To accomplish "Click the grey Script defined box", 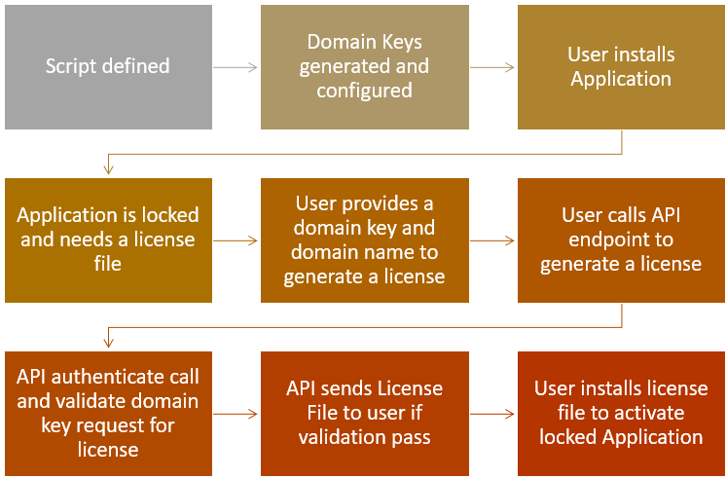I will tap(108, 67).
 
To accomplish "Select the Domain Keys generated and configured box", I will tap(364, 67).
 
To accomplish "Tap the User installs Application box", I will tap(621, 67).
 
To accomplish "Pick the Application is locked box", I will tap(108, 239).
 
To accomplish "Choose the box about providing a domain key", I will tap(364, 239).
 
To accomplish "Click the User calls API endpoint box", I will tap(621, 239).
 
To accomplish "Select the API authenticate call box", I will tap(108, 413).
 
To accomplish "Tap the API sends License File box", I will tap(364, 413).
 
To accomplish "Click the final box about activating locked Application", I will tap(621, 413).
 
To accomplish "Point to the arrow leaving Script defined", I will tap(236, 67).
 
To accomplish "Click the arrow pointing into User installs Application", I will tap(492, 67).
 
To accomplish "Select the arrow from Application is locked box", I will tap(236, 239).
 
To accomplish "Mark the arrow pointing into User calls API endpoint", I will tap(492, 239).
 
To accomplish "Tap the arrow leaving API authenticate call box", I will tap(236, 413).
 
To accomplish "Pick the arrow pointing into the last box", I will tap(492, 413).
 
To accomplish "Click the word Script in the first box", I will tap(73, 67).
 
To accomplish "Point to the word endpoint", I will tap(621, 239).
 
